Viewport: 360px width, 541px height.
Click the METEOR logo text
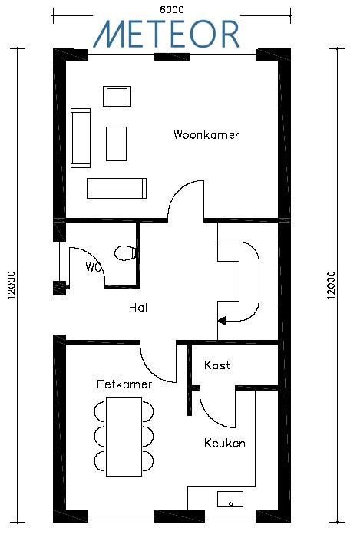click(167, 34)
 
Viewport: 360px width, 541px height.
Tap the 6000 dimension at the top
click(172, 10)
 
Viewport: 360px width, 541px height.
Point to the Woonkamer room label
click(206, 134)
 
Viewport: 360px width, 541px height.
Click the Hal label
click(138, 307)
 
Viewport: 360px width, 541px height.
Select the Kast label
click(217, 365)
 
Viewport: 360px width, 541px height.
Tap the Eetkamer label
click(124, 384)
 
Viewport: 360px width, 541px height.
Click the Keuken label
click(225, 443)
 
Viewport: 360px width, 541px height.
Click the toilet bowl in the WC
click(125, 253)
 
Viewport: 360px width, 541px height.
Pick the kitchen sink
click(230, 500)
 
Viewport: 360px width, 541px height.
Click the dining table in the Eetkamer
click(124, 437)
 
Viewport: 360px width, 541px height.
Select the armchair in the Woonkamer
click(117, 96)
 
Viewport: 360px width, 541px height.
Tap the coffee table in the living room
click(117, 143)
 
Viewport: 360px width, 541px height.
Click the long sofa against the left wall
click(81, 138)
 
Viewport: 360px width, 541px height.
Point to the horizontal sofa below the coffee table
click(117, 188)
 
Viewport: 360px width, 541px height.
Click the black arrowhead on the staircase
click(222, 321)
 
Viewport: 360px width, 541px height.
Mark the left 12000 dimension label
click(12, 285)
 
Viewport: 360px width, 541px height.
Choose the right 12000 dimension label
click(331, 285)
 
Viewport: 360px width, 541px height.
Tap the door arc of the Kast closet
click(211, 416)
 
